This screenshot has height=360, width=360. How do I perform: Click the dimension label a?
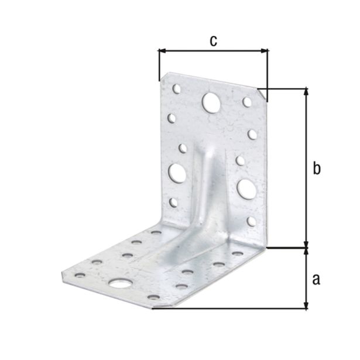[x=316, y=280]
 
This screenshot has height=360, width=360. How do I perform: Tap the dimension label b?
[x=316, y=169]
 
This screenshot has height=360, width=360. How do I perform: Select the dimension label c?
[x=213, y=40]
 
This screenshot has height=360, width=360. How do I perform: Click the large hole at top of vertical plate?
[x=210, y=103]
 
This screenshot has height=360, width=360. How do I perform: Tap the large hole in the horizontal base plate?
[x=120, y=284]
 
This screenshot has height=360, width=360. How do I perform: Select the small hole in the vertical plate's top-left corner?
[x=176, y=89]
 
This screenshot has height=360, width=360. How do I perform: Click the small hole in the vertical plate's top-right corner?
[x=247, y=102]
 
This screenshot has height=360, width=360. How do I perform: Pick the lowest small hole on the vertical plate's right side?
[x=251, y=221]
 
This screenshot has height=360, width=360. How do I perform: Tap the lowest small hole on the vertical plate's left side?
[x=173, y=203]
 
